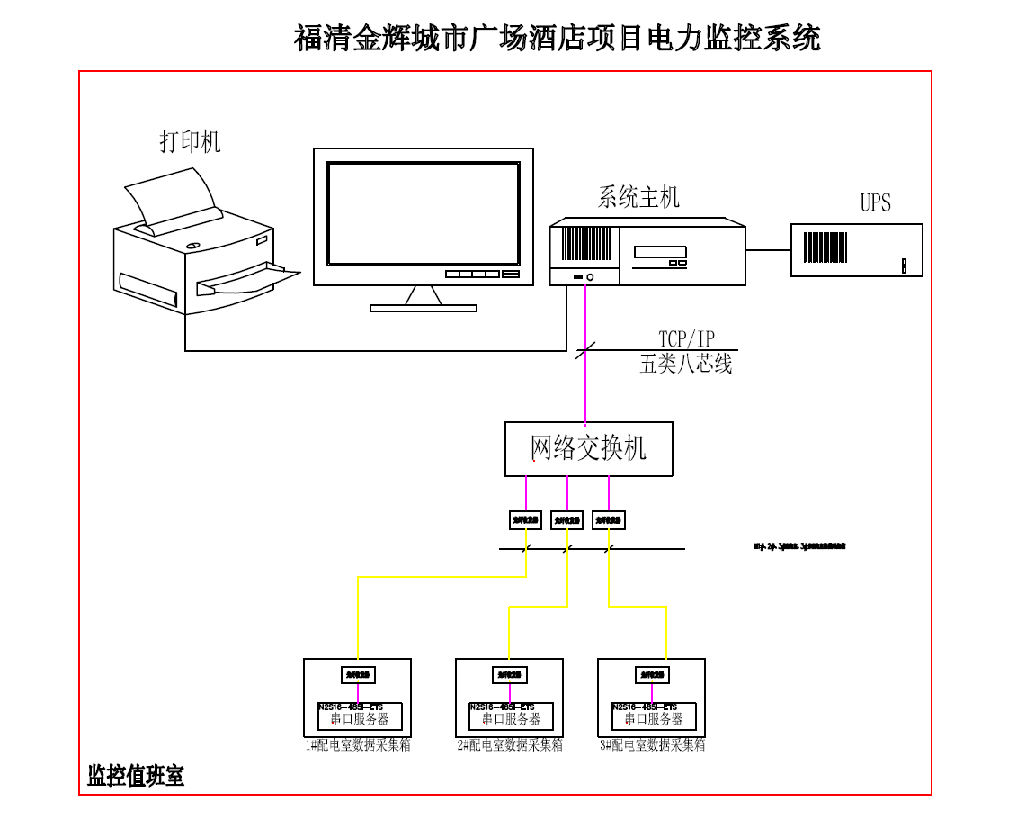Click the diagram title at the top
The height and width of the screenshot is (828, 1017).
click(557, 39)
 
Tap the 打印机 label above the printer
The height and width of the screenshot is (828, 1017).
click(190, 141)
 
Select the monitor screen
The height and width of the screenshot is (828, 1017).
click(423, 213)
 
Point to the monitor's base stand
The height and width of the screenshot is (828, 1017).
click(423, 307)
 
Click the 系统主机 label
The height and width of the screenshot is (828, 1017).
click(638, 197)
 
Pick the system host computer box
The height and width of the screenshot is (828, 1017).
click(647, 253)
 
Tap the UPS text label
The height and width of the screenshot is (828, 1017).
click(875, 202)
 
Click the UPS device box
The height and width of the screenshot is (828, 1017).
click(856, 249)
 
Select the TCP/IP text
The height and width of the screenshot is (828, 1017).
click(687, 339)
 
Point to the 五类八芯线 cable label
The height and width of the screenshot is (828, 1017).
click(686, 364)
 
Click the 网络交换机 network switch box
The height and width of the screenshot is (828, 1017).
click(588, 448)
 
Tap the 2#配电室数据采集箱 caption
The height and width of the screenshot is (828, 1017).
click(509, 745)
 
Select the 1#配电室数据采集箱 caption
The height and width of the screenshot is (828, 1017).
click(357, 745)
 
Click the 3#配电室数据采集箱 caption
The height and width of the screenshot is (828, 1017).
click(652, 745)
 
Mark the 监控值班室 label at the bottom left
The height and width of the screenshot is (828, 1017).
click(135, 776)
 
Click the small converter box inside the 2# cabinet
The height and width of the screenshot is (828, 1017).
click(510, 675)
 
